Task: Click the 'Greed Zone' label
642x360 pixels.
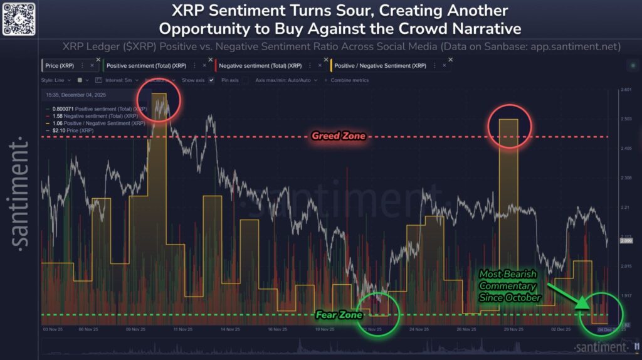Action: (x=338, y=136)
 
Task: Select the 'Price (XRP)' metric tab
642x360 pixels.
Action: (x=60, y=65)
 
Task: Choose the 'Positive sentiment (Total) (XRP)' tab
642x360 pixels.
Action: (x=145, y=65)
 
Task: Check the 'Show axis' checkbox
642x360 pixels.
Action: (x=211, y=80)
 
